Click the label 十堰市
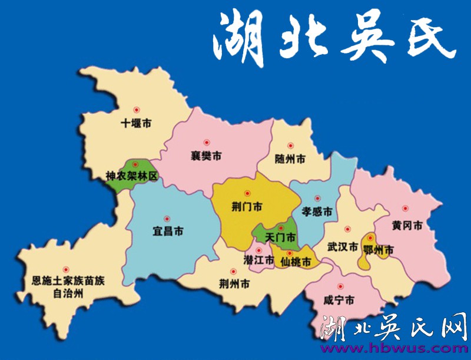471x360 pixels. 136,124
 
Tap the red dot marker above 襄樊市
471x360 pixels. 206,142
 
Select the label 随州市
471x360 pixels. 290,159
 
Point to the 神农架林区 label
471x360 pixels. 132,176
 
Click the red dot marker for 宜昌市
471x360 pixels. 167,217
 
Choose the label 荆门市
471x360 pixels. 247,207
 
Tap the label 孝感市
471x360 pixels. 317,211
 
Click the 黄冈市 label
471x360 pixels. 407,225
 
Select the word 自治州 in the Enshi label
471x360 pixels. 67,292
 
